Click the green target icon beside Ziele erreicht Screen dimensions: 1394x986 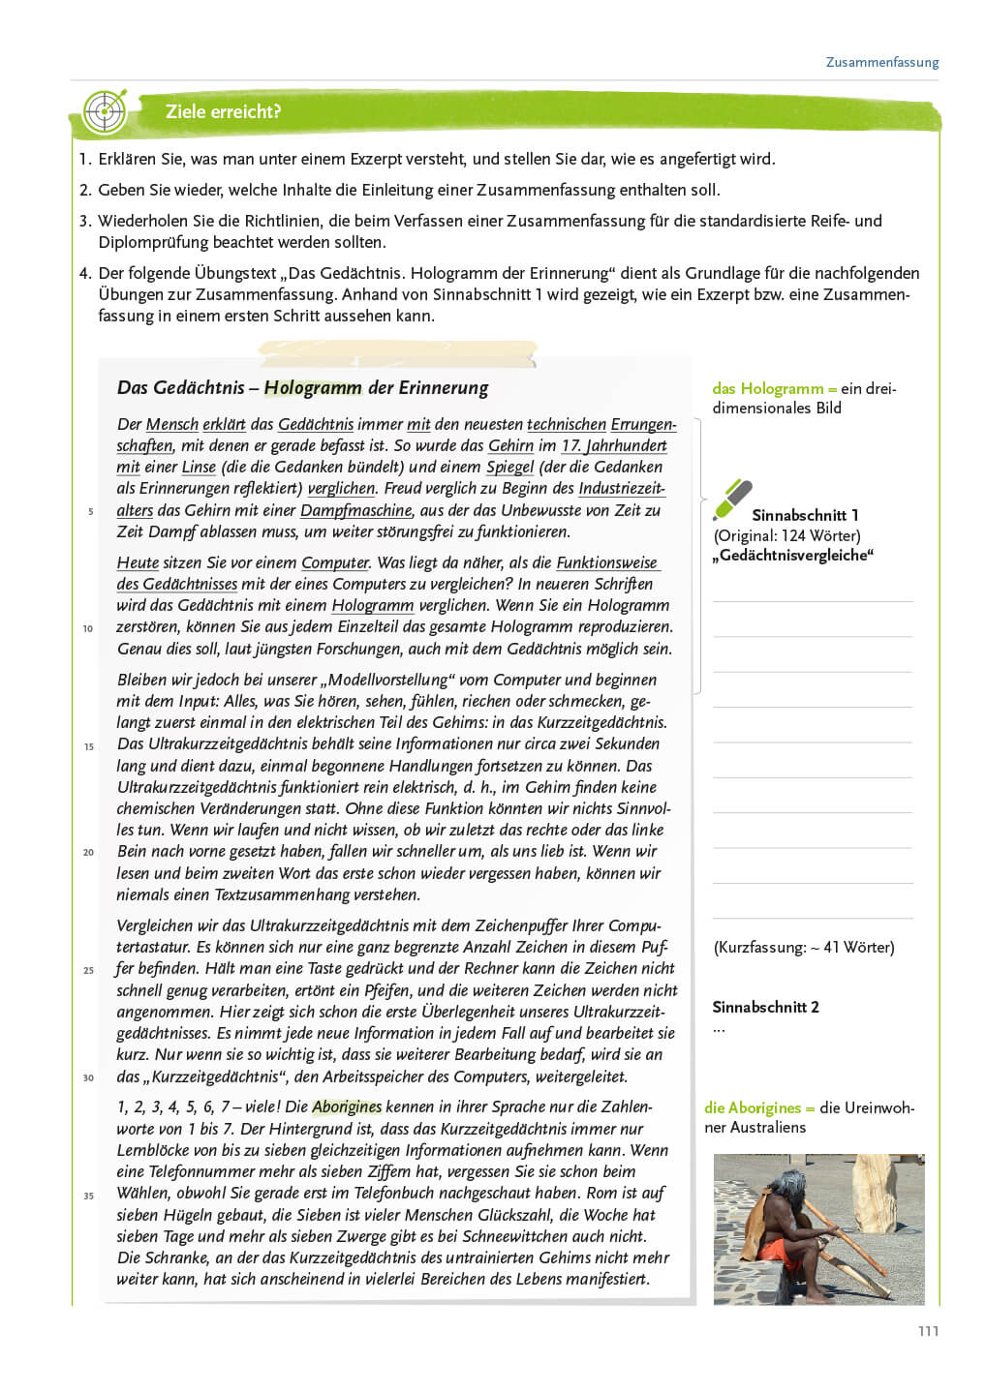pos(105,111)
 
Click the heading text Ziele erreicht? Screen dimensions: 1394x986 pos(223,112)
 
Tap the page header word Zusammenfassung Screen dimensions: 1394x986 pos(881,62)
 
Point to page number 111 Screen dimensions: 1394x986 pos(928,1331)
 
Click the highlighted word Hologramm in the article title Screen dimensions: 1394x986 pos(313,388)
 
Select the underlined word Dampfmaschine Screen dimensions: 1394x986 pos(356,510)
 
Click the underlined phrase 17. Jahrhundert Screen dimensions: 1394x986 pos(614,446)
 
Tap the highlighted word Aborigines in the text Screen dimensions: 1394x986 pos(347,1106)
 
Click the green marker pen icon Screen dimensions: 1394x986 pos(732,500)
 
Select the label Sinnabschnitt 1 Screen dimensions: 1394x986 pos(805,515)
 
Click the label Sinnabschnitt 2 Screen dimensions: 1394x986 pos(765,1007)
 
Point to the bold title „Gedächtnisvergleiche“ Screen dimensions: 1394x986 pos(793,556)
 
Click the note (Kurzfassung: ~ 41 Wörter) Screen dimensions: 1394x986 pos(804,948)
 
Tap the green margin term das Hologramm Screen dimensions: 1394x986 pos(767,389)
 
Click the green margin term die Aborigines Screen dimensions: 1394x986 pos(753,1108)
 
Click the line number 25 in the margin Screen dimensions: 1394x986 pos(88,970)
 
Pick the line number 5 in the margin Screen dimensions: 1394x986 pos(91,511)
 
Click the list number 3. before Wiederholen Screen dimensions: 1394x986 pos(85,221)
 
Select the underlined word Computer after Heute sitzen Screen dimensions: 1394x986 pos(335,563)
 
